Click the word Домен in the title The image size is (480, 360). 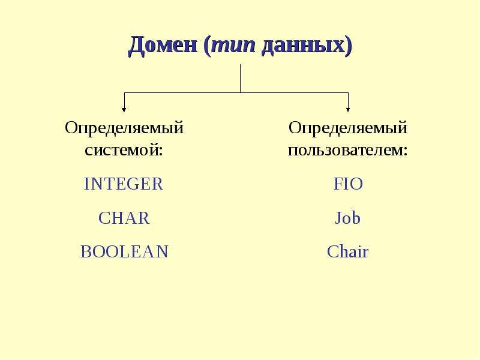point(163,46)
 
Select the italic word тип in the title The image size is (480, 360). point(233,46)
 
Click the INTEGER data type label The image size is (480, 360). point(124,184)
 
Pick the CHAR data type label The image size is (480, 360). point(124,218)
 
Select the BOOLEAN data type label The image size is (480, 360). point(124,251)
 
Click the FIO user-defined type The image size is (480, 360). point(348,184)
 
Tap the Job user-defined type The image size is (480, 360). point(348,218)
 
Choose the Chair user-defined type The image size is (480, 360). point(348,251)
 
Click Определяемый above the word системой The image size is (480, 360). point(124,128)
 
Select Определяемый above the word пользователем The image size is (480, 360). point(348,128)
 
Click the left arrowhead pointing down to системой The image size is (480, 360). point(124,109)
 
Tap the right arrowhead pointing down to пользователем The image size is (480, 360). point(348,109)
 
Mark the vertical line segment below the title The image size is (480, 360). point(241,79)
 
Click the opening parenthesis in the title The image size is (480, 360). point(207,47)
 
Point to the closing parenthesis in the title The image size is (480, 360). point(349,47)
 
